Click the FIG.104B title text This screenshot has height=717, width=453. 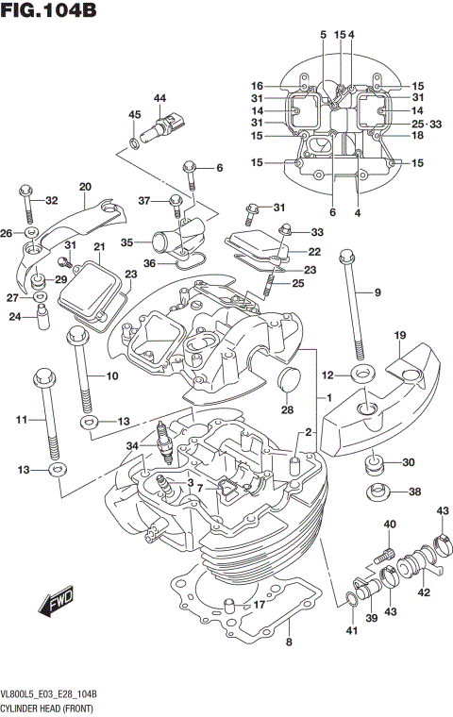click(x=49, y=12)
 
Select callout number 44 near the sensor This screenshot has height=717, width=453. click(x=159, y=98)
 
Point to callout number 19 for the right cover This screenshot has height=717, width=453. click(x=399, y=335)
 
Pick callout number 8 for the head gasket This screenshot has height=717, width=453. click(x=289, y=643)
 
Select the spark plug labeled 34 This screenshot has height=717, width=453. click(x=167, y=442)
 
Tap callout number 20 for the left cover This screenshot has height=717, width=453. click(x=85, y=186)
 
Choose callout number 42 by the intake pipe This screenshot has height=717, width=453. click(x=424, y=592)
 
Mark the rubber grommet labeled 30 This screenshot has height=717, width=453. click(x=375, y=465)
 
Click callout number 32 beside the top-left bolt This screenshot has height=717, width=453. click(x=51, y=199)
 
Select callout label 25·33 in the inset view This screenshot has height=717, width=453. click(x=427, y=125)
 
